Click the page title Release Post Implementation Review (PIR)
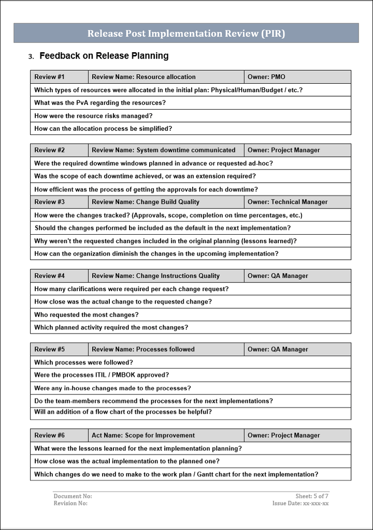pos(186,34)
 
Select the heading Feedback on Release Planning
pos(104,56)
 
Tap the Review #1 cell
pos(50,77)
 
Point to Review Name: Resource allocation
pos(144,77)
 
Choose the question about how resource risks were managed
pos(93,116)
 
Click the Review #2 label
pos(50,150)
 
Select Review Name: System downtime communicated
pos(163,150)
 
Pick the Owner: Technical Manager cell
pos(288,202)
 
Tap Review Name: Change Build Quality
pos(146,202)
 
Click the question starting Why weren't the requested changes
pos(165,241)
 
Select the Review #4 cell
pos(50,276)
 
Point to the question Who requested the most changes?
pos(87,315)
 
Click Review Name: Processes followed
pos(143,350)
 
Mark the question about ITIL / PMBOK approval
pos(102,375)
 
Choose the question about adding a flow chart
pos(123,412)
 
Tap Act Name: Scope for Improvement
pos(143,435)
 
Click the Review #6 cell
pos(50,435)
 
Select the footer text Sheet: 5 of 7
pos(312,496)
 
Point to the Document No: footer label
pos(73,496)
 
